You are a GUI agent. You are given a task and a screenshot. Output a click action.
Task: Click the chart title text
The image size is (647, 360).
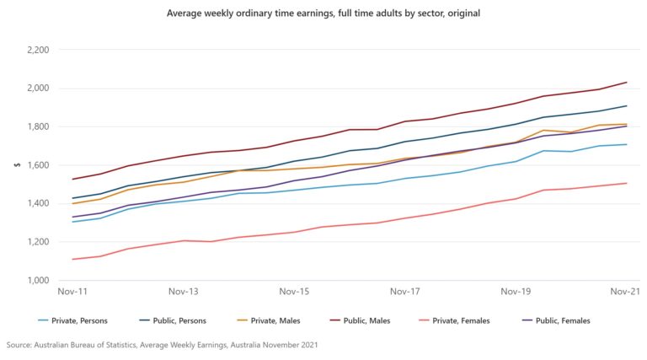(x=323, y=14)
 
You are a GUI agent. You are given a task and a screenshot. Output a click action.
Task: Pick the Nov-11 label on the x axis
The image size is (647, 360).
(x=72, y=292)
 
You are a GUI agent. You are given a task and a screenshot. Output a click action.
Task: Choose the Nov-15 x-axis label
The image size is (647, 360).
(x=294, y=292)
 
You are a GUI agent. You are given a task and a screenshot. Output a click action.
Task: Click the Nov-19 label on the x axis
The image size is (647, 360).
(x=516, y=292)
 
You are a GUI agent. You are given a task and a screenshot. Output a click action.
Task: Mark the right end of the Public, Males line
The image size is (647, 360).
(x=627, y=83)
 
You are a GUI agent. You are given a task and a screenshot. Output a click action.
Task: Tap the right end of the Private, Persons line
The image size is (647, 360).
(x=627, y=144)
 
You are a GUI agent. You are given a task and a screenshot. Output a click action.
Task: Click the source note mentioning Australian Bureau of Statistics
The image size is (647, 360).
(x=162, y=346)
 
